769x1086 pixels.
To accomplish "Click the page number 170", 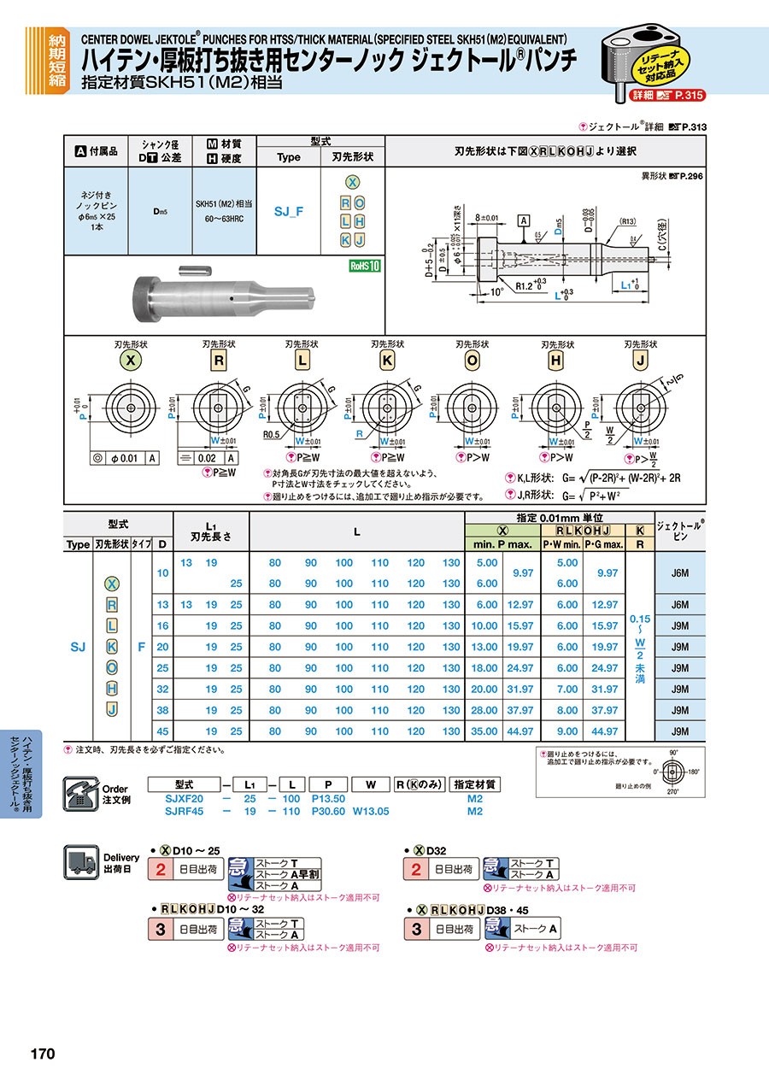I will [43, 1054].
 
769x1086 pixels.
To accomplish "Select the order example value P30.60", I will [328, 812].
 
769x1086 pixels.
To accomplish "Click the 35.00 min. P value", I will [486, 731].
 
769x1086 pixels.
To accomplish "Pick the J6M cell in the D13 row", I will [680, 605].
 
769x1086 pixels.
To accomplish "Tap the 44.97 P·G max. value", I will [604, 731].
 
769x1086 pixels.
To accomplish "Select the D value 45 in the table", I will [163, 731].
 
